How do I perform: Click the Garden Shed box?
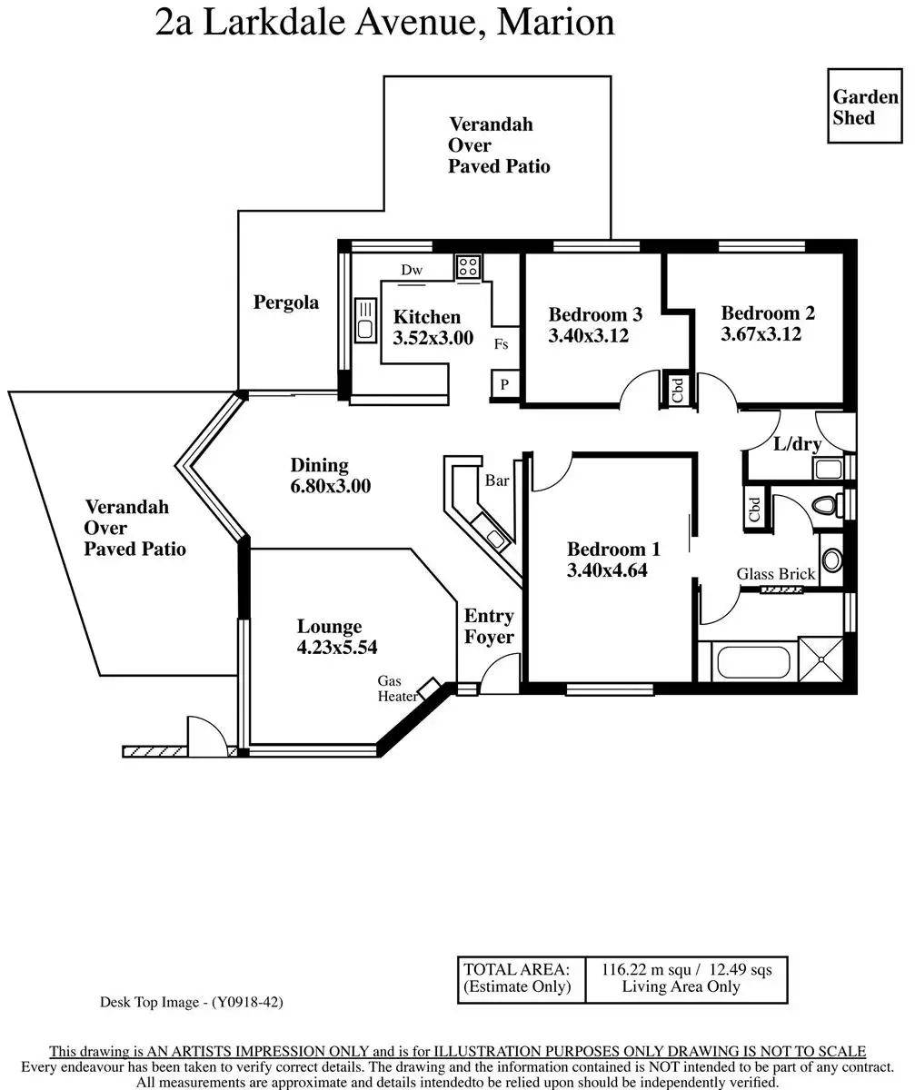tap(863, 106)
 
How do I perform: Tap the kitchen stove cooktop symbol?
tap(469, 266)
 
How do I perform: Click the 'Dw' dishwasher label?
tap(413, 270)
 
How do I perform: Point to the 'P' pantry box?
tap(504, 384)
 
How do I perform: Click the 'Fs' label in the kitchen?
tap(501, 344)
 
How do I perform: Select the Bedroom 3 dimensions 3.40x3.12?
tap(589, 335)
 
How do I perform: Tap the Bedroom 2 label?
tap(768, 313)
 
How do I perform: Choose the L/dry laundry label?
tap(797, 445)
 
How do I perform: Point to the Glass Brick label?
tap(776, 574)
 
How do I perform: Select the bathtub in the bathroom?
tap(753, 661)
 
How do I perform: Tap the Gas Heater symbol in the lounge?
tap(429, 688)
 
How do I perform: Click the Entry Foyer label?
tap(489, 627)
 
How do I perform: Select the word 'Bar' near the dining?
tap(497, 481)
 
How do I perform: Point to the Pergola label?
tap(286, 302)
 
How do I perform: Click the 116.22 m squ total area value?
tap(632, 969)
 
